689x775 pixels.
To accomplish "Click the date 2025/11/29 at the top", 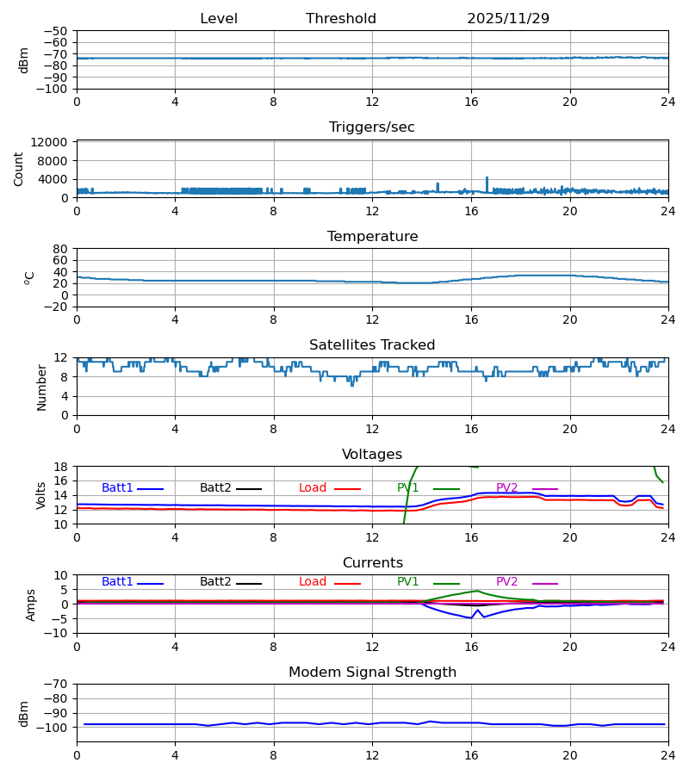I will [508, 19].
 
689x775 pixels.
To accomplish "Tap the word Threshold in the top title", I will [341, 19].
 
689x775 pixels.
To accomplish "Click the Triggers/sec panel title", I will [372, 127].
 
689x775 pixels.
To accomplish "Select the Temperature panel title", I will [372, 237].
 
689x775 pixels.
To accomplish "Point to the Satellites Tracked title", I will [372, 345].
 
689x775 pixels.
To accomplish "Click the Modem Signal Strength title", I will [372, 673].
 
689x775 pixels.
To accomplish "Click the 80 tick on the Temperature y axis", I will [60, 249].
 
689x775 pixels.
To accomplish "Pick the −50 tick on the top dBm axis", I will [54, 31].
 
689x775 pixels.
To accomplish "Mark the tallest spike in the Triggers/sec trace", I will [487, 178].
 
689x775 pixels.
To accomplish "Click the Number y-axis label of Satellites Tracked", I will [42, 387].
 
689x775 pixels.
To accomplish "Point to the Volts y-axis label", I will [42, 495].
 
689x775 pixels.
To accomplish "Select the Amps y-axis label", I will [32, 604].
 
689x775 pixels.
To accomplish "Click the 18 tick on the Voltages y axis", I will [60, 467].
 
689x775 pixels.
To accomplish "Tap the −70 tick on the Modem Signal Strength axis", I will [54, 685].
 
